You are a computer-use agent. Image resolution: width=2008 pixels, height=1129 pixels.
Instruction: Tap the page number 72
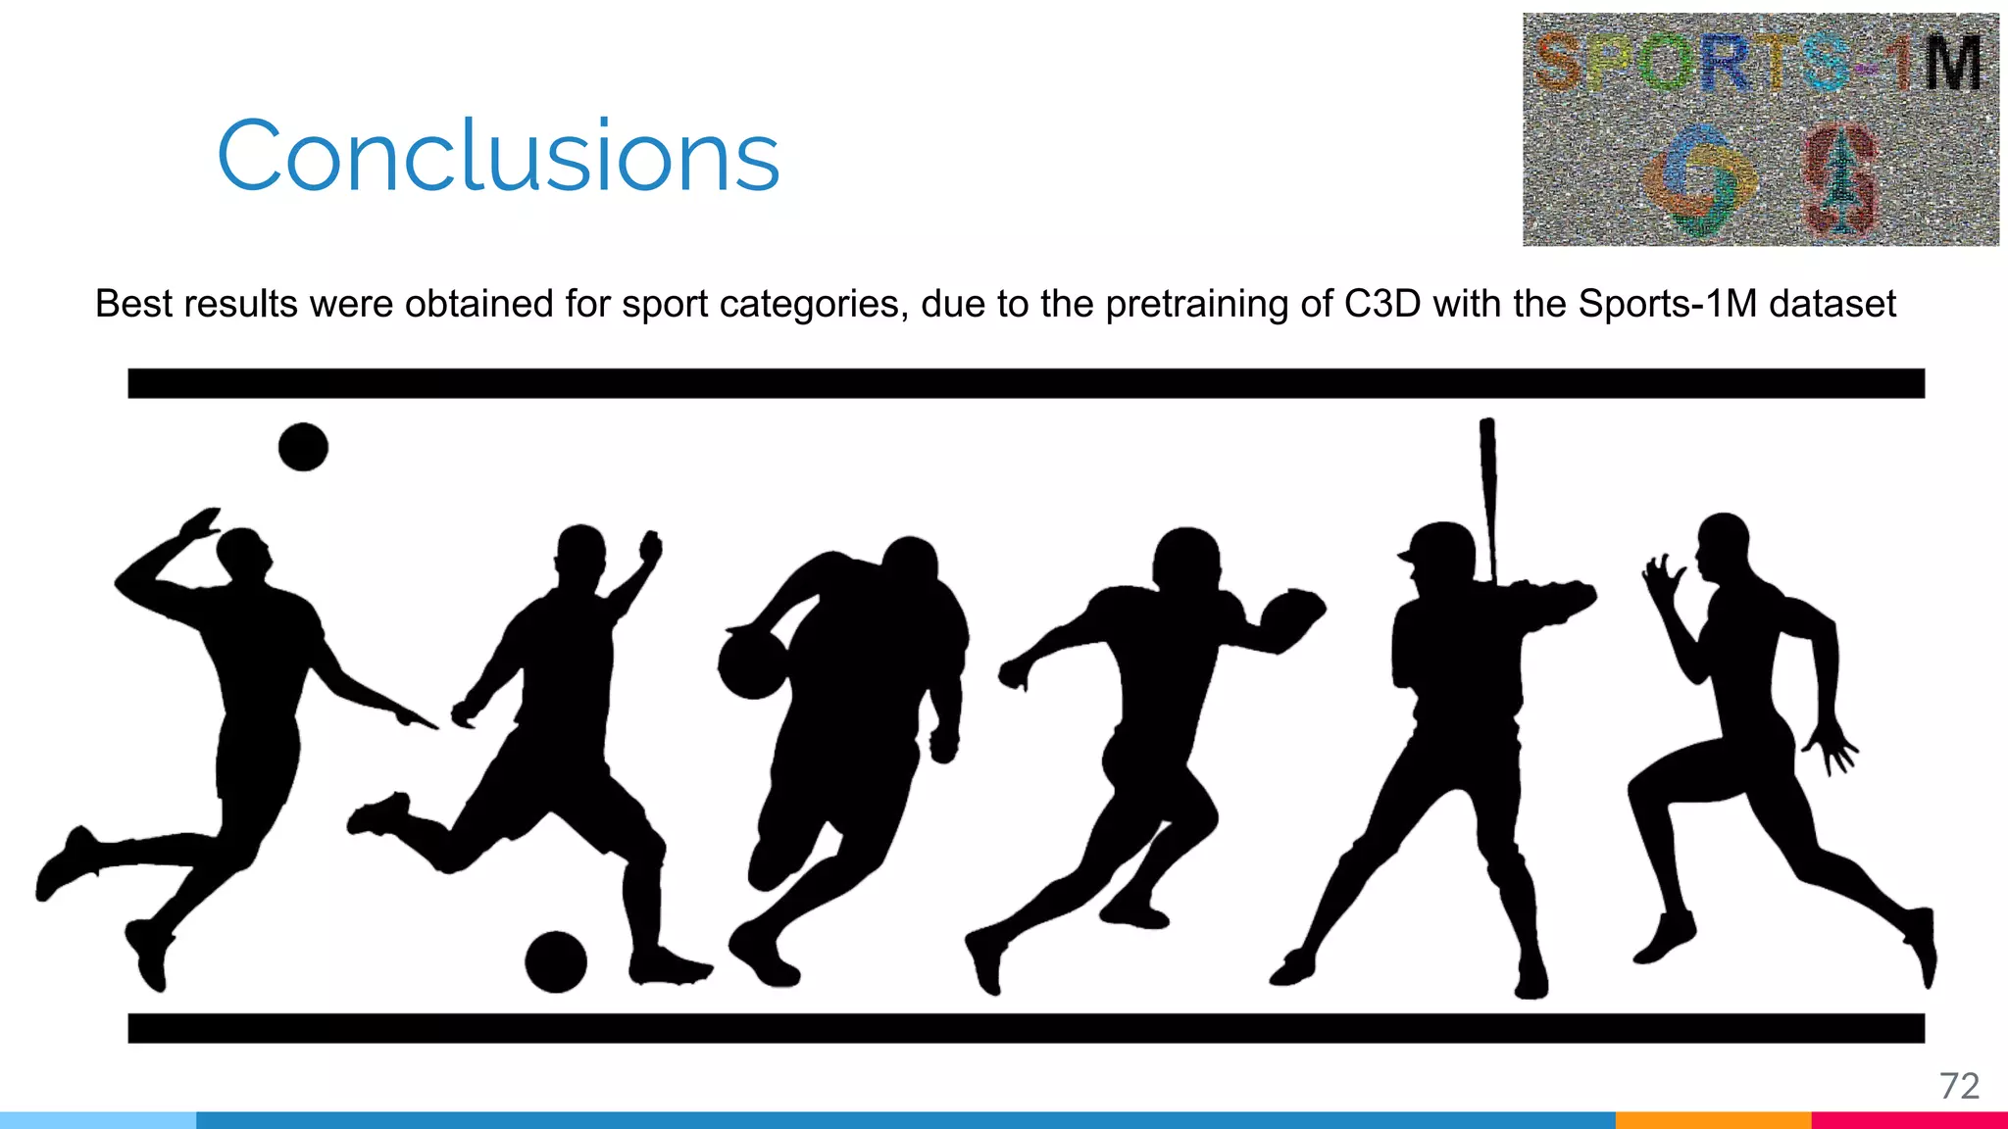1959,1086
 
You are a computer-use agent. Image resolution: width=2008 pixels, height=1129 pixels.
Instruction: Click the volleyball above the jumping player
303,447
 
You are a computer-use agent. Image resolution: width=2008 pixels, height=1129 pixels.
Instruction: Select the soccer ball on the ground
556,961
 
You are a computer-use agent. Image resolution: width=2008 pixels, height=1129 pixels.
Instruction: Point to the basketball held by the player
752,665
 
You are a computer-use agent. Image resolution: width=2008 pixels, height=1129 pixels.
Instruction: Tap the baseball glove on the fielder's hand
1291,614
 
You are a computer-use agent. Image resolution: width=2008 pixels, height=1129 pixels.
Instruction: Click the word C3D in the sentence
1382,304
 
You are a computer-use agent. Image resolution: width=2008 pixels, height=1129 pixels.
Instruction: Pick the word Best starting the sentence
133,304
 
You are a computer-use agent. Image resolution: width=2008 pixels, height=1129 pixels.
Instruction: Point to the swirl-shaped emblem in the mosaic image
1698,180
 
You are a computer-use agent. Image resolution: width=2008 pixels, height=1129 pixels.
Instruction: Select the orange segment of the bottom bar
1713,1120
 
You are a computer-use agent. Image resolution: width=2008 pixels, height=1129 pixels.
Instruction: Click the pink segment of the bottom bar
1909,1120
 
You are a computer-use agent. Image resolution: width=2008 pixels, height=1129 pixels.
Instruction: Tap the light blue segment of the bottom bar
98,1120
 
